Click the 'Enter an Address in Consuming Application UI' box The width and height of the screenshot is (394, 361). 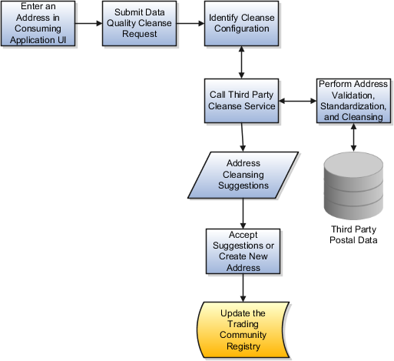tap(38, 24)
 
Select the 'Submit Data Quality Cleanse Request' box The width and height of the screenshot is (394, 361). tap(139, 24)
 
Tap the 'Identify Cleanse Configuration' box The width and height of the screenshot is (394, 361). tap(241, 24)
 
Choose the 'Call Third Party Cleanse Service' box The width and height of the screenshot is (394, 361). tap(241, 101)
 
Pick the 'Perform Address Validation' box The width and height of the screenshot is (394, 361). tap(353, 101)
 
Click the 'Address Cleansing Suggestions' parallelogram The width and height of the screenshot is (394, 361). tap(243, 175)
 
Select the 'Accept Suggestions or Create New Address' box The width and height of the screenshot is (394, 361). tap(243, 252)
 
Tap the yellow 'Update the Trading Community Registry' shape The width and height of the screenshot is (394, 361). tap(243, 329)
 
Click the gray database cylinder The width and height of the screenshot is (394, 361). tap(353, 186)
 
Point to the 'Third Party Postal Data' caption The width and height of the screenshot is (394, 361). tap(353, 235)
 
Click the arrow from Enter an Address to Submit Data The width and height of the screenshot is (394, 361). tap(88, 24)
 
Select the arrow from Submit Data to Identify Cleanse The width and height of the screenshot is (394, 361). tap(190, 24)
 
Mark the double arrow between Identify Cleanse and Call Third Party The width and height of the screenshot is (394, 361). tap(241, 62)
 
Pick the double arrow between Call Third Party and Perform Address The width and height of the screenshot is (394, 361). tap(297, 101)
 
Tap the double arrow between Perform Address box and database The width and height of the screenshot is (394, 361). tap(353, 137)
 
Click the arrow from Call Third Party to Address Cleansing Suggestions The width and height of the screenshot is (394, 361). tap(242, 137)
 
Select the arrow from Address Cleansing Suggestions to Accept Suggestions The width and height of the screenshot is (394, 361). tap(243, 214)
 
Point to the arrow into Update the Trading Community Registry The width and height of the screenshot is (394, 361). tap(243, 288)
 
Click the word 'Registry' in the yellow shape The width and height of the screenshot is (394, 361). tap(243, 346)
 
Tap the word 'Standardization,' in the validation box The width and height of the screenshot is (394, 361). tap(353, 106)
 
